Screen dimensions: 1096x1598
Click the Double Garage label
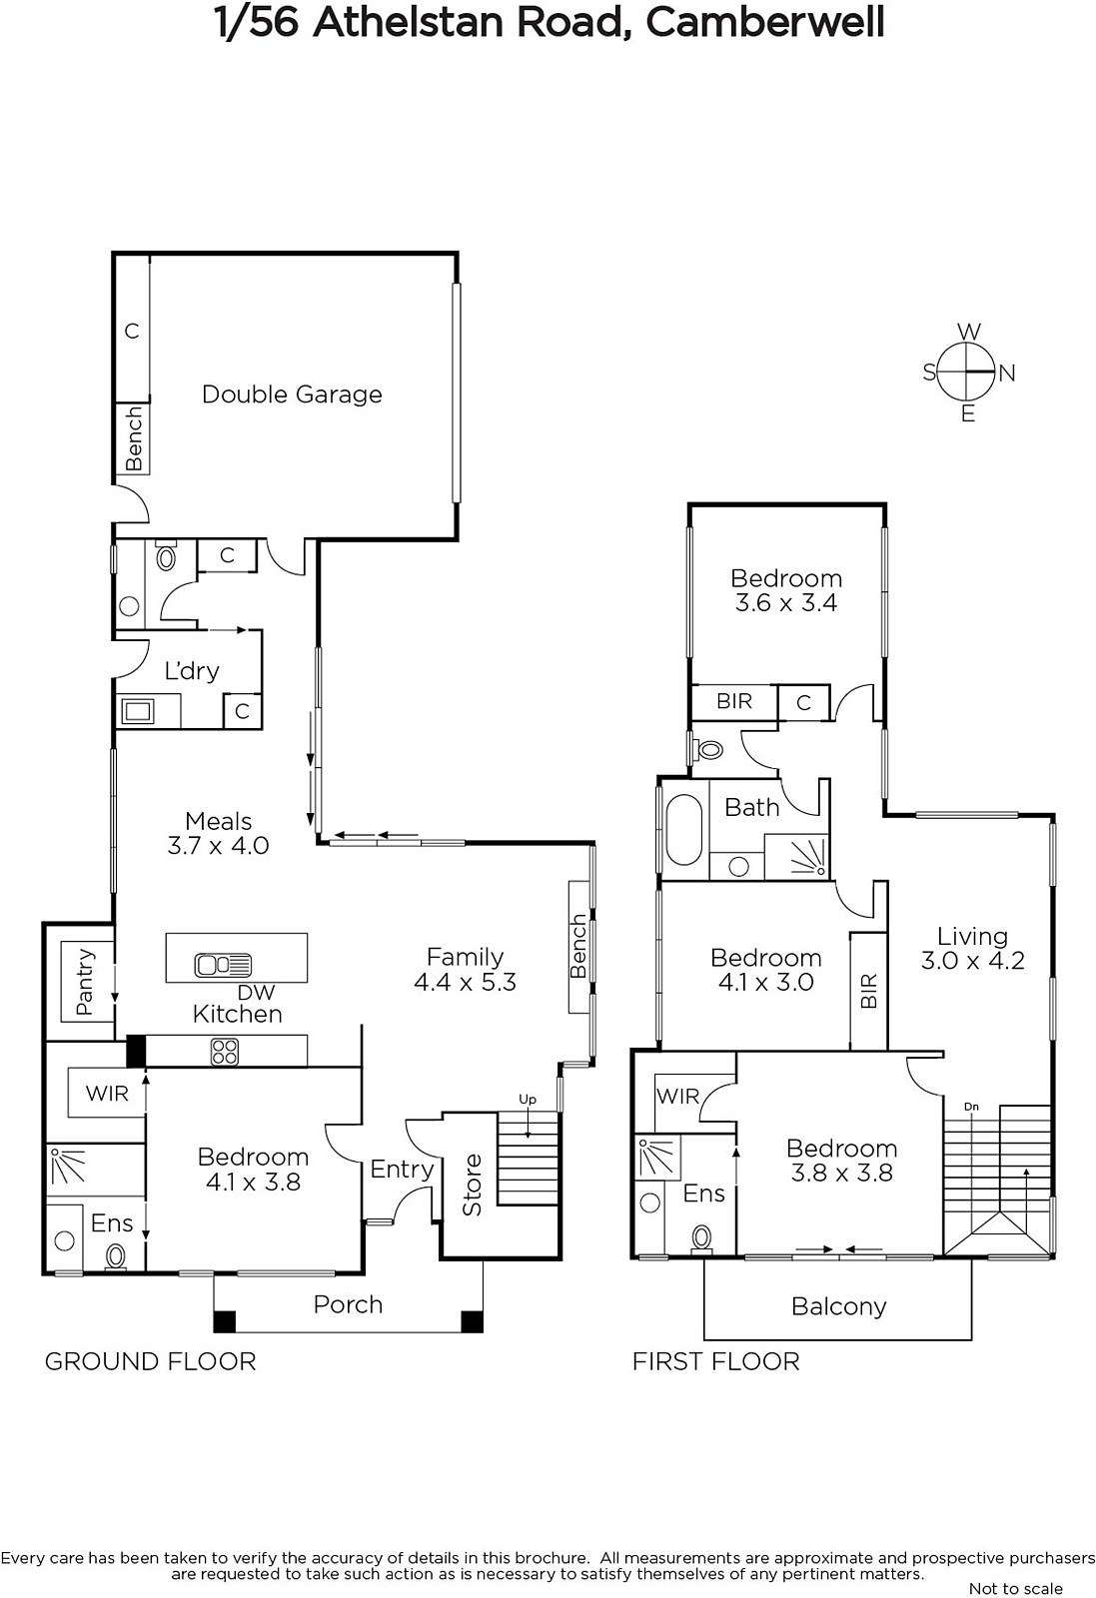tap(292, 395)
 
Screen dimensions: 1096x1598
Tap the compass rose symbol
tap(966, 372)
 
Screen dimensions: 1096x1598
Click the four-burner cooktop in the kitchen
tap(225, 1052)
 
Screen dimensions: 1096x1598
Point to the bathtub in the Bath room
tap(684, 830)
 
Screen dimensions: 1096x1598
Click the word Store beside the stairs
tap(473, 1185)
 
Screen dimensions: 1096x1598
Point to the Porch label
tap(349, 1304)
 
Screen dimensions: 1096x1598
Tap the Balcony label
tap(839, 1307)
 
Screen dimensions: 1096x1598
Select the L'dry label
tap(191, 670)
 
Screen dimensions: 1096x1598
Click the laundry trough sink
tap(138, 711)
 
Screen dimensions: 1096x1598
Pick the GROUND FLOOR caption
tap(151, 1362)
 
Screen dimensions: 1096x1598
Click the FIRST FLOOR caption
tap(716, 1362)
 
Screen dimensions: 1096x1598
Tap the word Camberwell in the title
tap(765, 23)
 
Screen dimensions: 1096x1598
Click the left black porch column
tap(225, 1322)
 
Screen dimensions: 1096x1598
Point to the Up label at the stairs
tap(528, 1100)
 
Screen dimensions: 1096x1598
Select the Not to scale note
tap(1016, 1589)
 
